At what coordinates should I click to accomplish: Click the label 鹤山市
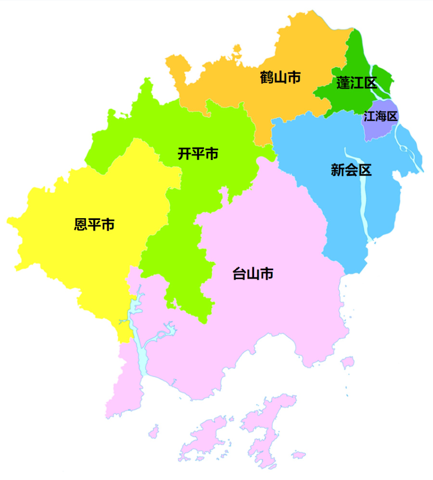pos(280,77)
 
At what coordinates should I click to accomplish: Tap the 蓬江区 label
pos(357,83)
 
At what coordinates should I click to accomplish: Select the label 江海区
pos(380,116)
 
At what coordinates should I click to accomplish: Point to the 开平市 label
pos(198,154)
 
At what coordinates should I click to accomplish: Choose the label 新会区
pos(351,170)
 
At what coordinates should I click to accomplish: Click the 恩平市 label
pos(94,224)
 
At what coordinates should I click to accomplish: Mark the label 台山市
pos(253,274)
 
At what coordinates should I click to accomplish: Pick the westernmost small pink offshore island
pos(153,431)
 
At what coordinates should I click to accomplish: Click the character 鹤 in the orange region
pos(267,77)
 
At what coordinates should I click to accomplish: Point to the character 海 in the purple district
pos(380,116)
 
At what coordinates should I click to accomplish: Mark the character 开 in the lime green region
pos(185,154)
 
